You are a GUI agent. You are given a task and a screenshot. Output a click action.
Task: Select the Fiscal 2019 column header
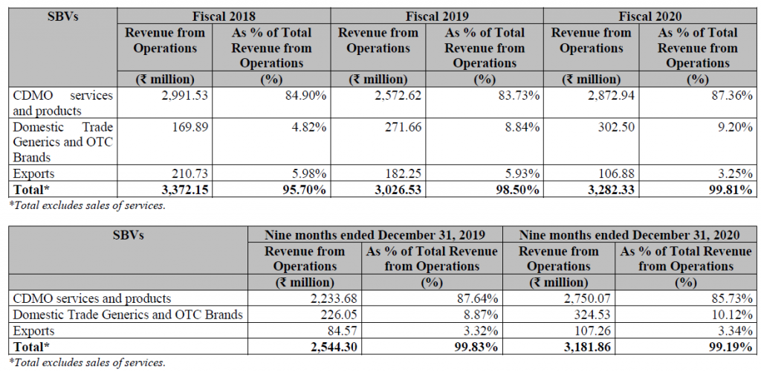(437, 15)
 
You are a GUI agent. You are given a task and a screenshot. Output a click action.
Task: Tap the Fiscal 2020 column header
(650, 15)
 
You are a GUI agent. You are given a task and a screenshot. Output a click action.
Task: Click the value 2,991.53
(181, 95)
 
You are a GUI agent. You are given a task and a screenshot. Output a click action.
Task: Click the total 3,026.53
(393, 190)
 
